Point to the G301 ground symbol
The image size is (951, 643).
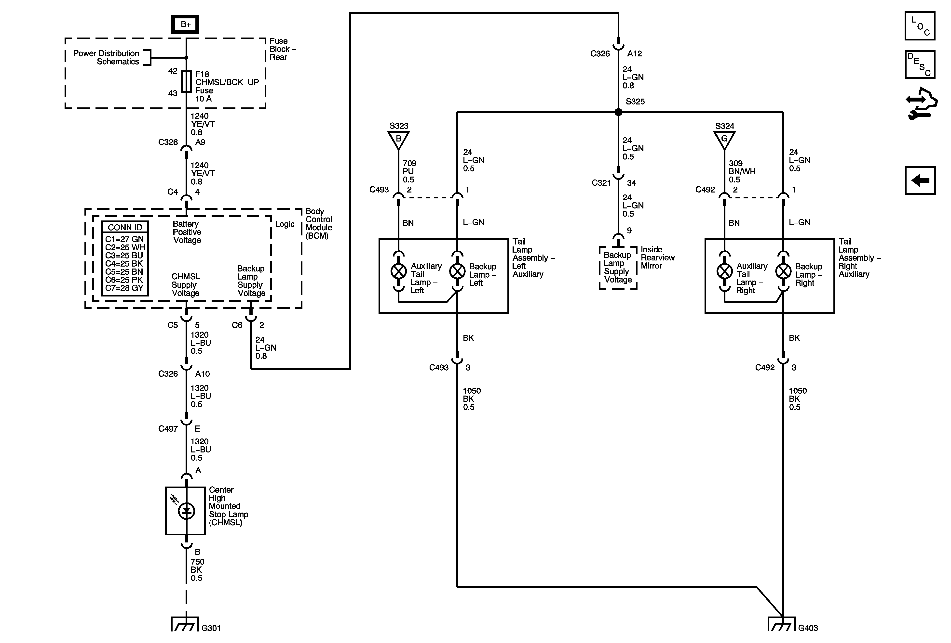point(185,624)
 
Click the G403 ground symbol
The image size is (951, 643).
point(782,624)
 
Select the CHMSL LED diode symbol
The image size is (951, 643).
point(187,511)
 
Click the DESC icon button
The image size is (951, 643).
point(920,64)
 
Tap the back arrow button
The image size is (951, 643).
point(920,180)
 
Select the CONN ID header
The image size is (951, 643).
point(125,227)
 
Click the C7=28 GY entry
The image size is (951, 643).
point(124,288)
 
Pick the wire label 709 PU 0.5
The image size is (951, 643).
point(409,171)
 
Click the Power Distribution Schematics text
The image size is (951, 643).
point(106,57)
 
